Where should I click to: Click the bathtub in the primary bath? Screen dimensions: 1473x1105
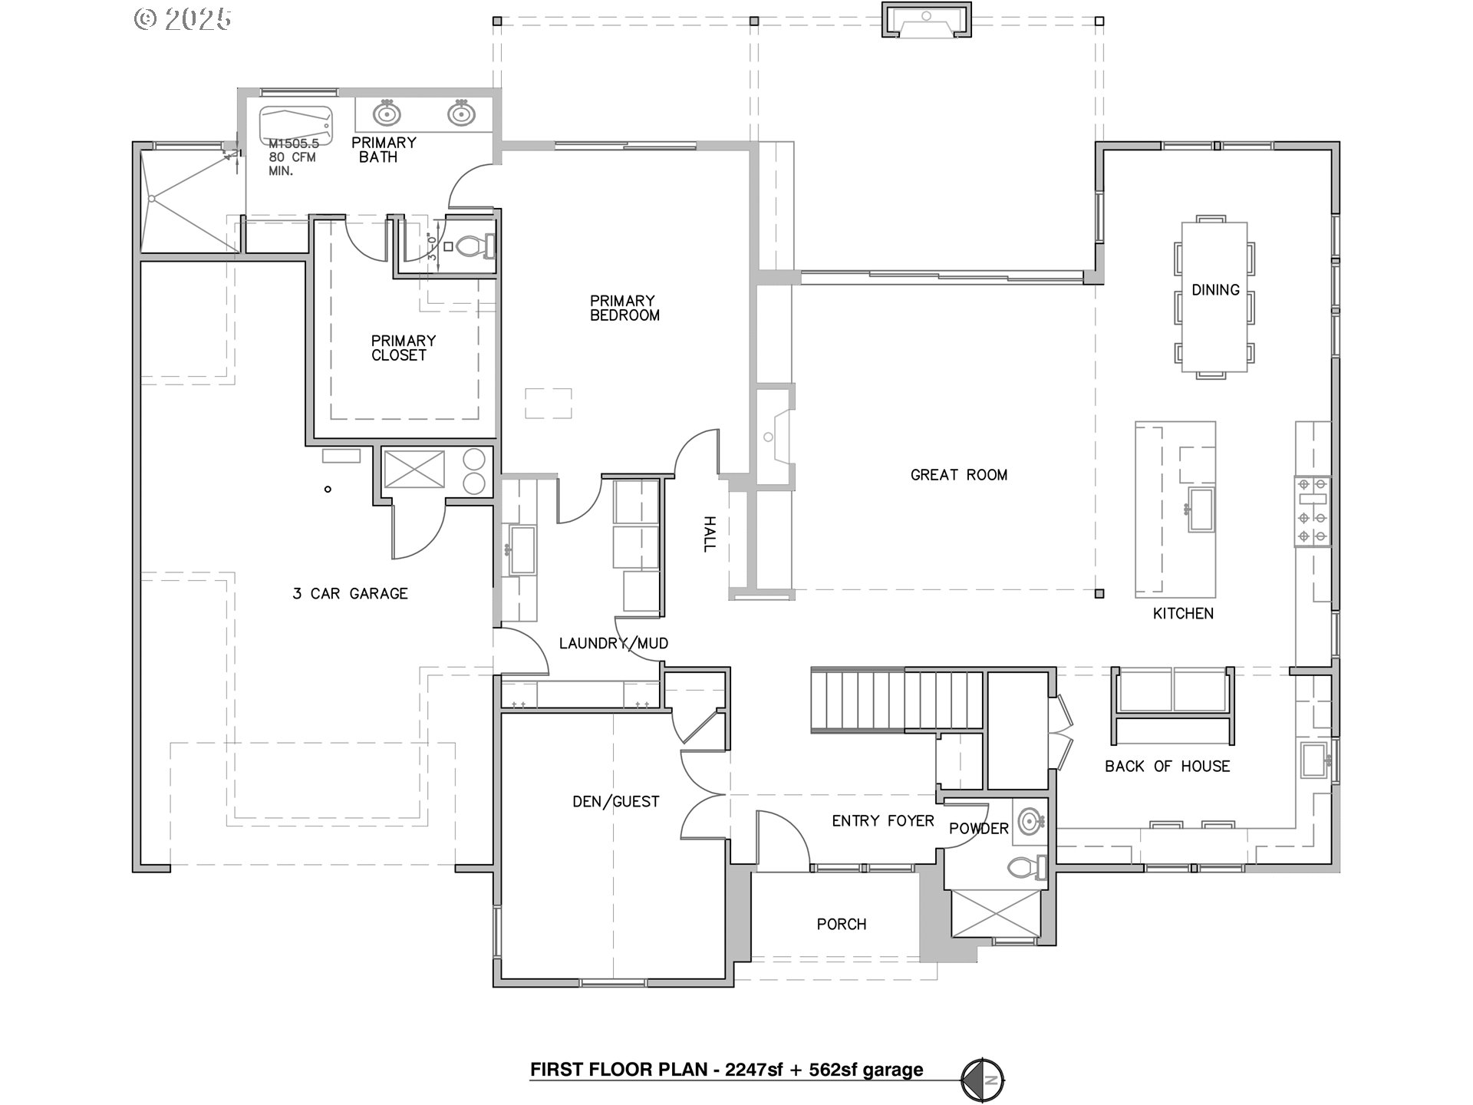pos(295,125)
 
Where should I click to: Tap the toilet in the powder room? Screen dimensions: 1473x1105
pos(1026,867)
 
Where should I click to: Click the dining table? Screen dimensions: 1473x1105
pos(1214,296)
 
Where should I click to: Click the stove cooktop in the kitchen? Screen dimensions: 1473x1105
pos(1313,510)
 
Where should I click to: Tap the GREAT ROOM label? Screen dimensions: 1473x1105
pos(959,475)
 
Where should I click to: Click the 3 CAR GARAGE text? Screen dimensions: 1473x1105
pos(350,593)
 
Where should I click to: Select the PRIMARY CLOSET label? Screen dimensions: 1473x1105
pos(403,348)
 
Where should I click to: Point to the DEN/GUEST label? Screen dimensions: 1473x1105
pos(616,802)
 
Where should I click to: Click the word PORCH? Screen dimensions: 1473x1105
pos(842,925)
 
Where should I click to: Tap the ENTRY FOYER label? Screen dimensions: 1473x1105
pos(883,821)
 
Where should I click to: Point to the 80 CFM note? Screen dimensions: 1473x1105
pos(292,157)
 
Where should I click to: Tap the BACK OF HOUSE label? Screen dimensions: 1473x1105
pos(1167,766)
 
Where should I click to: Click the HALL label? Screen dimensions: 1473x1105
pos(710,534)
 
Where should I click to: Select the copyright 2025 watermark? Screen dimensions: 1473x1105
pos(183,19)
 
